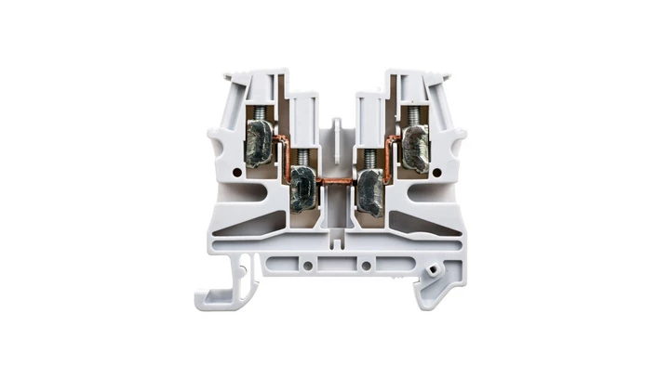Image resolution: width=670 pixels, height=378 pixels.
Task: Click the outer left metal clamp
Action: click(x=260, y=148)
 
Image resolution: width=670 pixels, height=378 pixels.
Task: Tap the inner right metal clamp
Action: click(x=369, y=189)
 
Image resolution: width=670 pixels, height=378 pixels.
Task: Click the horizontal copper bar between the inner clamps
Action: click(x=335, y=180)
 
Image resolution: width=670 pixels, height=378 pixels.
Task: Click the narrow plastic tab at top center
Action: click(x=335, y=130)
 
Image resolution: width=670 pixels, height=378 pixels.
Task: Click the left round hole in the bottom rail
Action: click(x=307, y=266)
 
